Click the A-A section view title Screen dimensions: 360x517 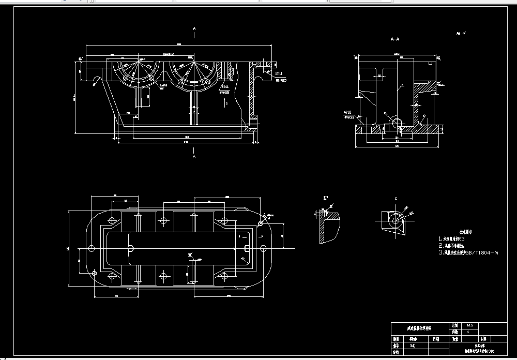396,39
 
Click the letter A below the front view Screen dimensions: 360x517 194,156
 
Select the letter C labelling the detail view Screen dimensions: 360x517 396,199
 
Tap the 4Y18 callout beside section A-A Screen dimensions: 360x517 348,111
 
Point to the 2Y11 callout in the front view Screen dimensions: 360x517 280,74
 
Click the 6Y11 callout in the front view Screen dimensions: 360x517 225,87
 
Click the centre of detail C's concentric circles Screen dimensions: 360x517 396,221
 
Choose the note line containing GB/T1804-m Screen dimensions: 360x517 468,253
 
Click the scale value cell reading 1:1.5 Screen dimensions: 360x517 469,325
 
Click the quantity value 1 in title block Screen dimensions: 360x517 468,332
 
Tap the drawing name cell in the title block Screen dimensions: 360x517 419,328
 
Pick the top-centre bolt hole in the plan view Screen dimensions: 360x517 163,220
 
